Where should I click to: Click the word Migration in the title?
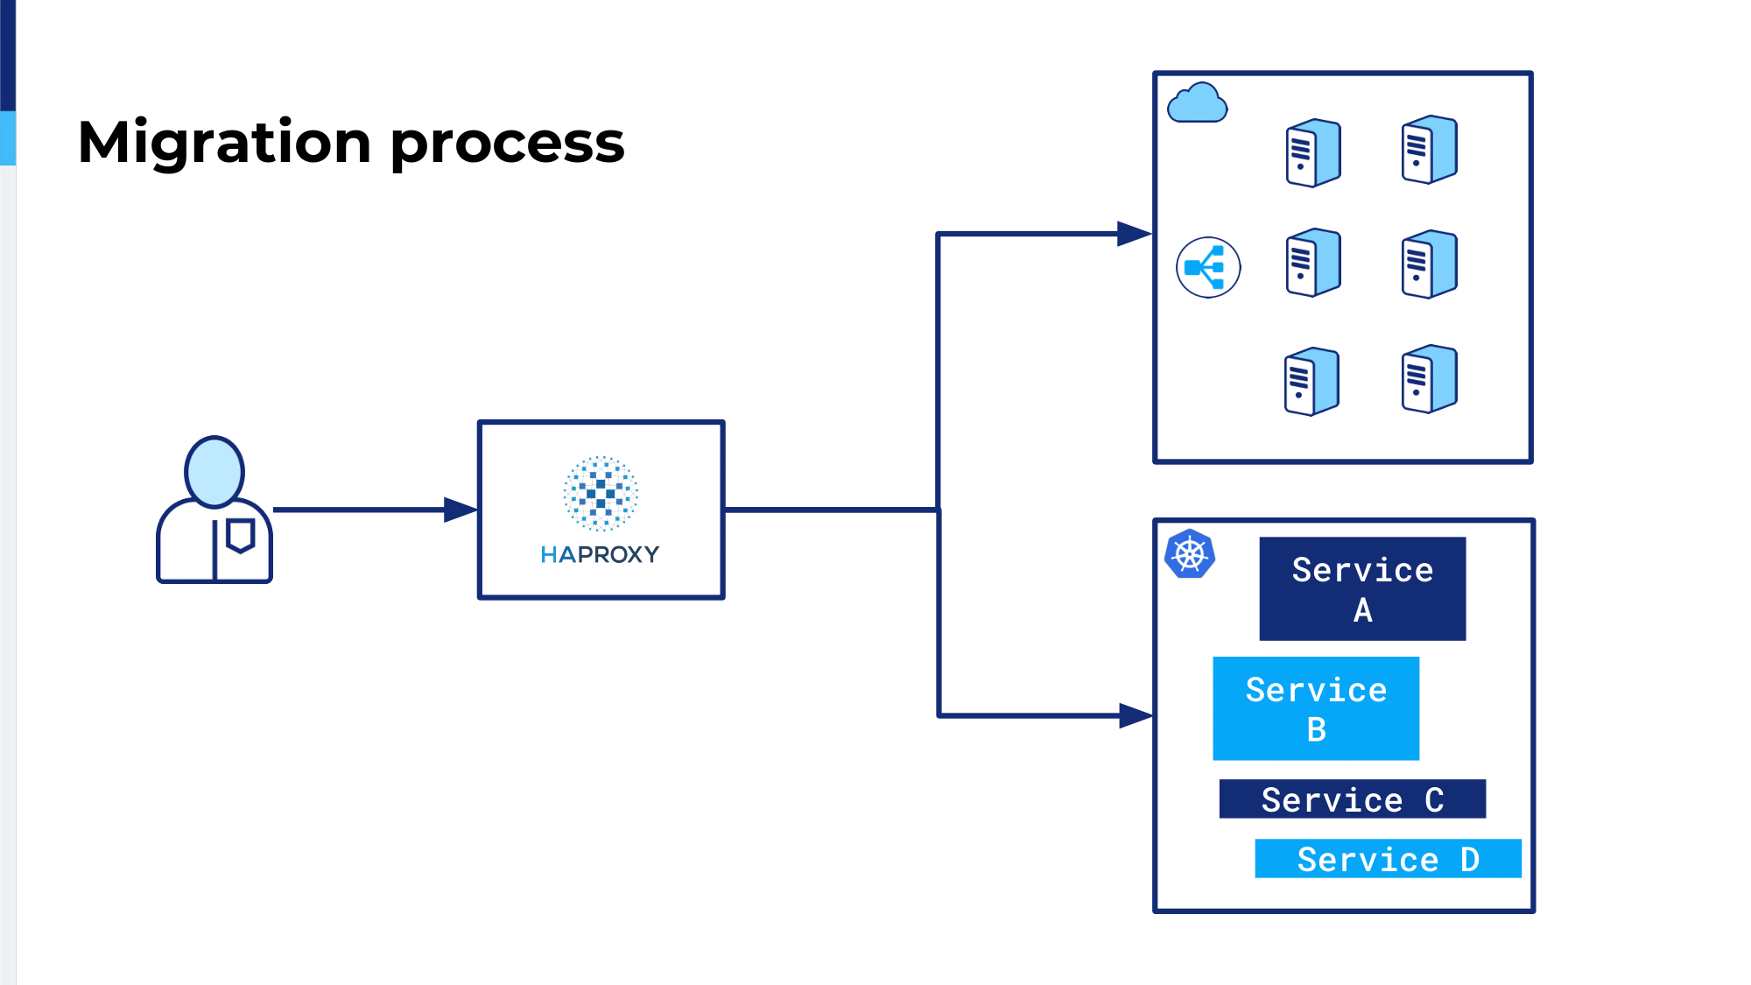224,143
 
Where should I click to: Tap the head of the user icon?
214,471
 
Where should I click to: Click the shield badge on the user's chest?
241,535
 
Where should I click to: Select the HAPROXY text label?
601,554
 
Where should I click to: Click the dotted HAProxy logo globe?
601,493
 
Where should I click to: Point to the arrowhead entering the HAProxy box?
461,510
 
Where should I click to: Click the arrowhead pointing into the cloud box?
1135,234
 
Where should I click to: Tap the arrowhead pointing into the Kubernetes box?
1136,715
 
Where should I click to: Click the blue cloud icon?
1198,102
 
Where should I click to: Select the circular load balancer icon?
1208,267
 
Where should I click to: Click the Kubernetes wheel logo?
1190,554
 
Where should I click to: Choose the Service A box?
1362,588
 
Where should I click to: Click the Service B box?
1316,708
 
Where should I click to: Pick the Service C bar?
1353,799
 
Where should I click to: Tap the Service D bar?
1389,858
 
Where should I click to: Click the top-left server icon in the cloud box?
1313,152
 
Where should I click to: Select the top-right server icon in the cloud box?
1430,149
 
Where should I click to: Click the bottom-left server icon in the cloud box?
1311,381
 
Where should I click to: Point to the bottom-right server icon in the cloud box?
1430,378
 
